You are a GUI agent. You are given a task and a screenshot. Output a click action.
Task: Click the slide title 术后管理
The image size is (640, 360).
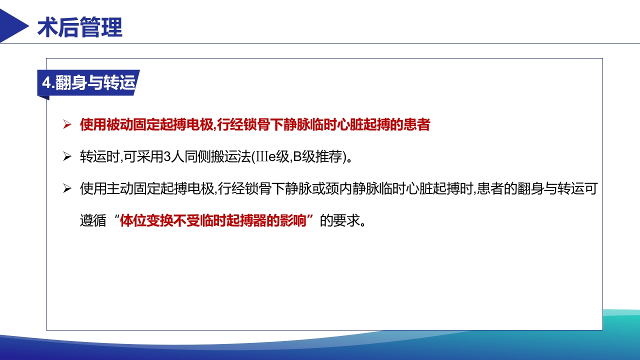click(x=80, y=27)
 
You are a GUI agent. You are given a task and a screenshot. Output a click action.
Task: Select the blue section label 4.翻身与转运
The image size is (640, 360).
click(x=88, y=83)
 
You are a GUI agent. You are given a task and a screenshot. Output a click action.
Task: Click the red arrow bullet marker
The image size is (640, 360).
click(x=67, y=125)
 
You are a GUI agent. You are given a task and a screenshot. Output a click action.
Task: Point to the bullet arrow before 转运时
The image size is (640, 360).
click(x=67, y=157)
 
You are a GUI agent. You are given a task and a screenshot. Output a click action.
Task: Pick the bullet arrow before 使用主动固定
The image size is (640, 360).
click(x=67, y=189)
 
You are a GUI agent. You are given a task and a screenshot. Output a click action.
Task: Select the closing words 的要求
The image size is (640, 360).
click(x=340, y=221)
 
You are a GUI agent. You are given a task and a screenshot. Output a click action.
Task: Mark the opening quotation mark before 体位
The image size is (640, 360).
click(x=116, y=218)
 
